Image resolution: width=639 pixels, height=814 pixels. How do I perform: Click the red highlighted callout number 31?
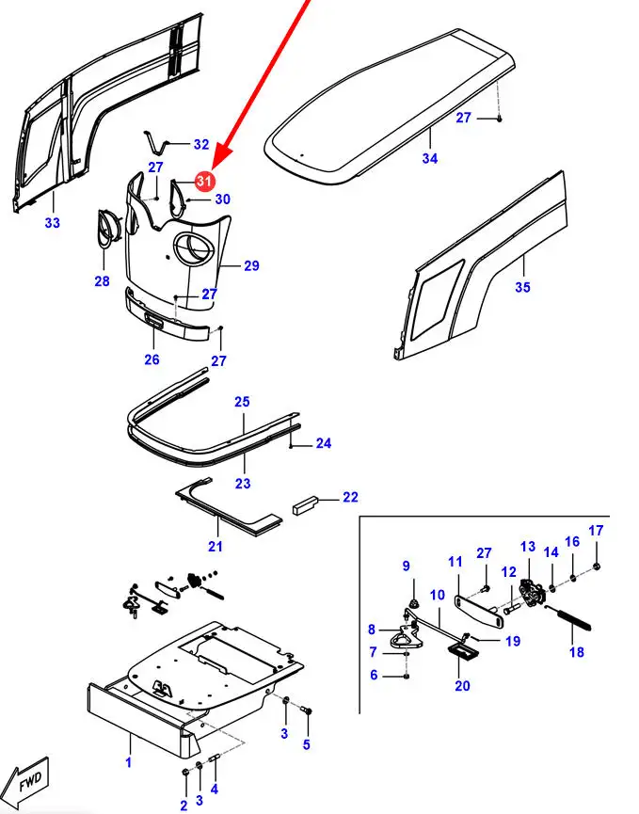205,180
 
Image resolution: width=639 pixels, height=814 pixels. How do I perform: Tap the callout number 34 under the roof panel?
430,159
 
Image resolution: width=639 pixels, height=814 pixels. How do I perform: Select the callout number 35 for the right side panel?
522,287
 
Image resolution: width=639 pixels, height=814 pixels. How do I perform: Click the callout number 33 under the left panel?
52,223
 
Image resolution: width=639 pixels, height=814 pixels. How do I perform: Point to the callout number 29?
251,266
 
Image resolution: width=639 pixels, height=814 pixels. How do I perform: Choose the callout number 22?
350,497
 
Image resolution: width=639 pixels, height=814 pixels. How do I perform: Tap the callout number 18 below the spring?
577,652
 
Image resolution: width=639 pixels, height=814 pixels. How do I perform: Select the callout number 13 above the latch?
527,547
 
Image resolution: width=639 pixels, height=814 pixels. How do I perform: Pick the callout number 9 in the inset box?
407,566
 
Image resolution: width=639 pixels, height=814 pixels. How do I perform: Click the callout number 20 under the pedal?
462,686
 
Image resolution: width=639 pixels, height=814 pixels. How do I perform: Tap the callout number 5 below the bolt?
306,745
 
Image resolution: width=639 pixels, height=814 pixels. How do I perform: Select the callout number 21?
216,547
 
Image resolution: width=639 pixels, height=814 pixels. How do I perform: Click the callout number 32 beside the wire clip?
201,145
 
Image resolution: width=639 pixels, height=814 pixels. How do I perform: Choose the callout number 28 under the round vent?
102,281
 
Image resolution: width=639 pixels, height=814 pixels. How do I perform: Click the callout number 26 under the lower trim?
152,359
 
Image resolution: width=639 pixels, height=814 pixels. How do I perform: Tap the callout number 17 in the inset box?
596,531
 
